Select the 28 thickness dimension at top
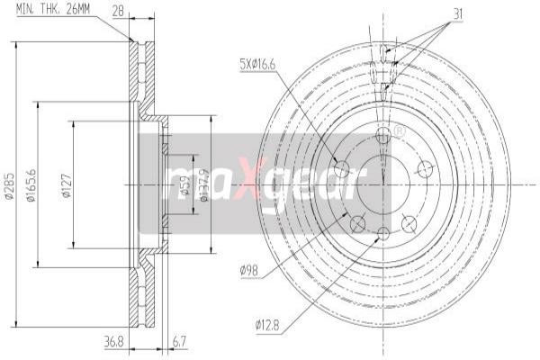pyautogui.click(x=118, y=10)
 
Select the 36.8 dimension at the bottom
pyautogui.click(x=112, y=340)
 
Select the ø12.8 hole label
pyautogui.click(x=266, y=324)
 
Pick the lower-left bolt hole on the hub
pyautogui.click(x=356, y=223)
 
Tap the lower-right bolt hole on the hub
pyautogui.click(x=410, y=223)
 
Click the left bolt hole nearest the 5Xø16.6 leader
pyautogui.click(x=340, y=168)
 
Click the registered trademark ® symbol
pyautogui.click(x=400, y=131)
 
